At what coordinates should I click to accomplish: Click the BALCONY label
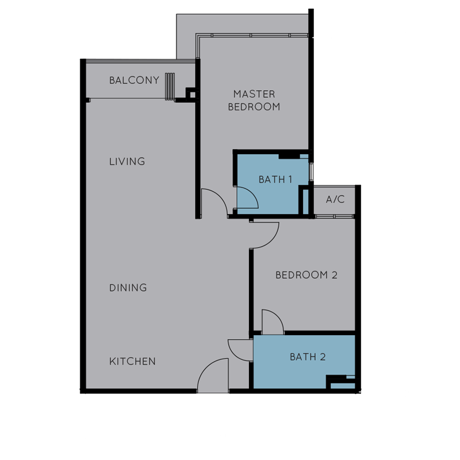click(134, 80)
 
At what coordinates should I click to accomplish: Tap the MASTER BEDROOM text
click(254, 100)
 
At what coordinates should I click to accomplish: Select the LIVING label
click(127, 162)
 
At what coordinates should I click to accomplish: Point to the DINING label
click(128, 287)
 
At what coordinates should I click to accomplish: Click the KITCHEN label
click(133, 362)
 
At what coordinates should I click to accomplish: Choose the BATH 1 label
click(275, 179)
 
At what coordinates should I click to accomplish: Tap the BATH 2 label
click(308, 357)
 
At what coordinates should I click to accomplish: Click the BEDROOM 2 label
click(306, 275)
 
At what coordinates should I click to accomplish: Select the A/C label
click(335, 200)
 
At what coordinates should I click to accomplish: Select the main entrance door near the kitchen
click(212, 377)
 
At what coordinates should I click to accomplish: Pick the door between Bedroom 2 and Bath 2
click(272, 322)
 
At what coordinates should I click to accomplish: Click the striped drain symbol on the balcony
click(170, 87)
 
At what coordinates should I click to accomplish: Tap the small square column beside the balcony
click(190, 93)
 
